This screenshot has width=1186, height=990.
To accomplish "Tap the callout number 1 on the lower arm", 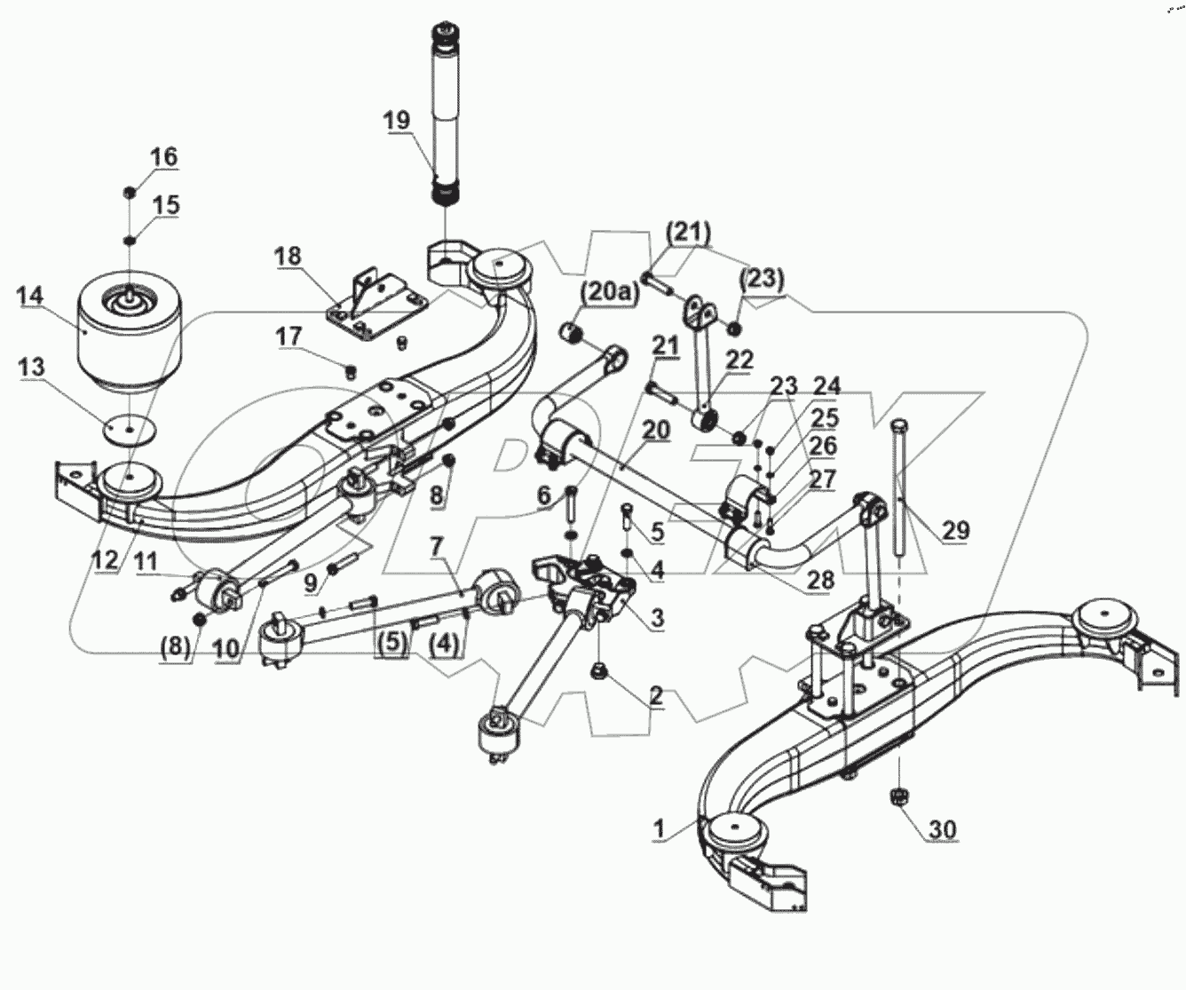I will coord(659,828).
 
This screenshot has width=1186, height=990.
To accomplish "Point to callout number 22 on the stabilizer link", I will coord(738,360).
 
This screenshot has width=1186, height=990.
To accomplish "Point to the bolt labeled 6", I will coord(571,511).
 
